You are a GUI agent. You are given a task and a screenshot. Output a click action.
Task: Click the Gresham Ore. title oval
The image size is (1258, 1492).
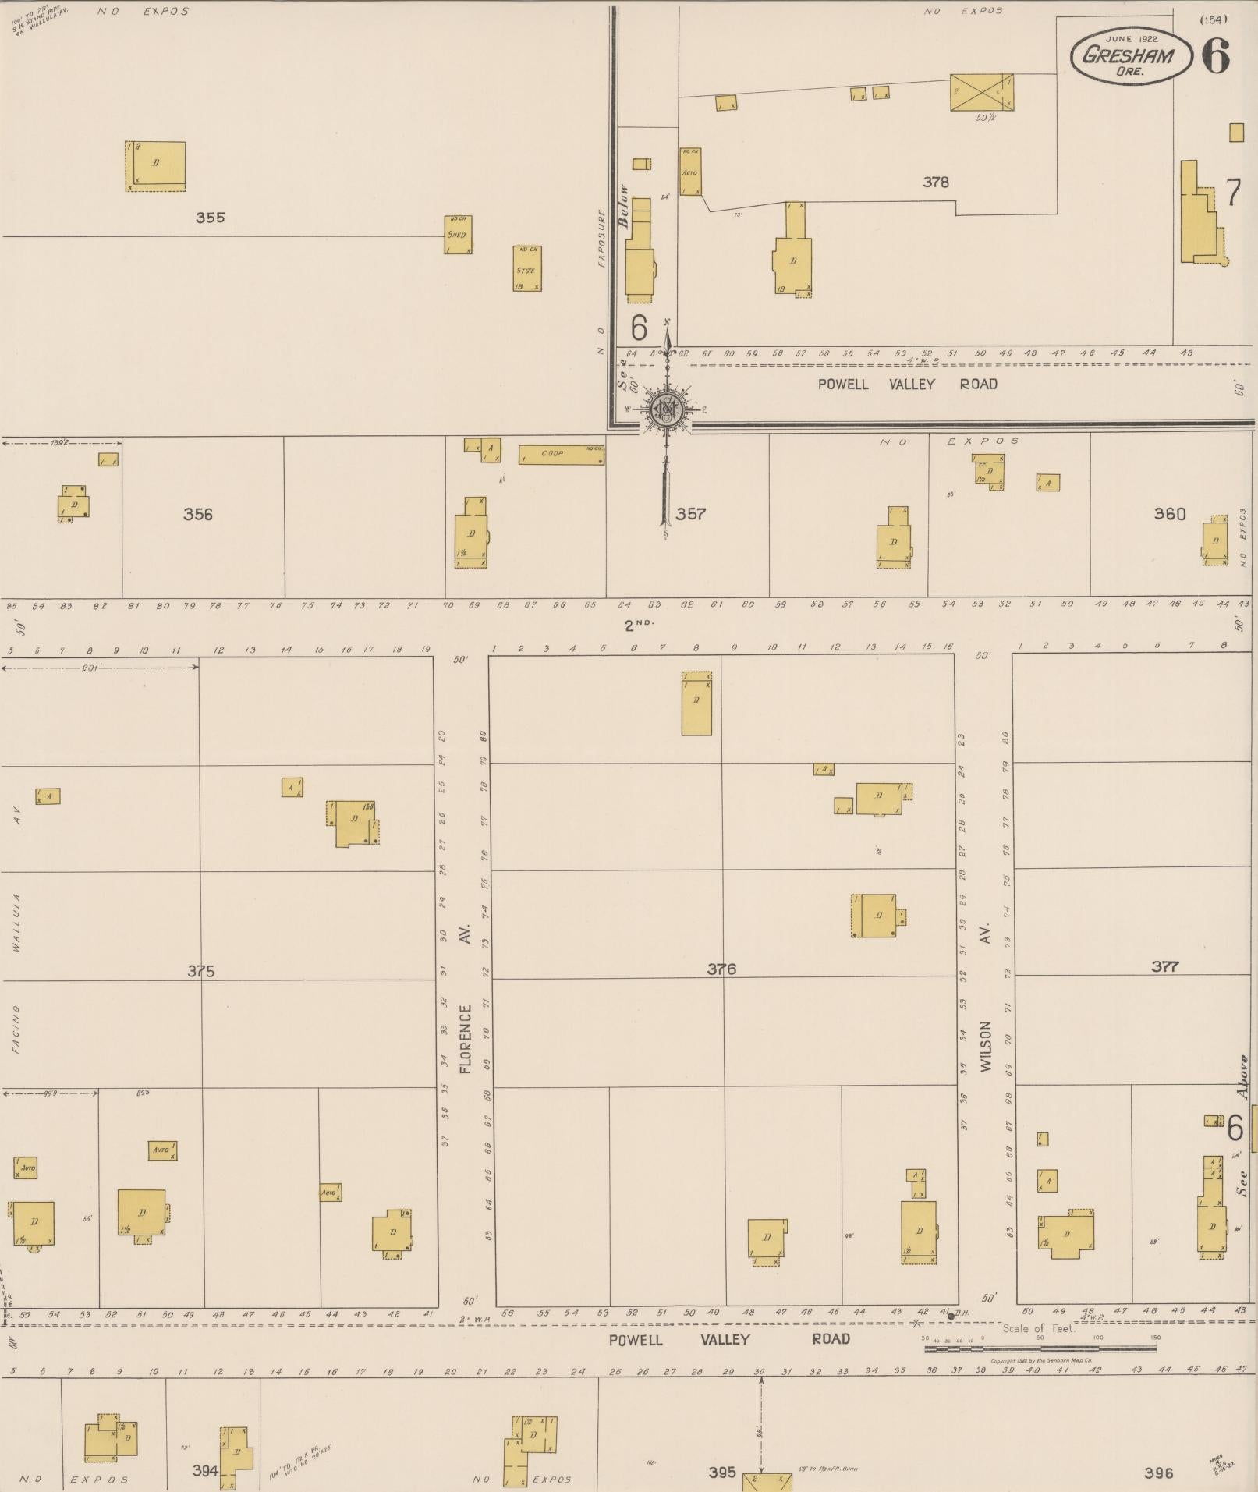click(1130, 55)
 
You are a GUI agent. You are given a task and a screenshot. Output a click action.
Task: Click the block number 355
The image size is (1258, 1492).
click(210, 218)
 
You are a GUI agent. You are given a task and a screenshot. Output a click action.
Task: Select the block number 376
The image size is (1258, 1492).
click(721, 969)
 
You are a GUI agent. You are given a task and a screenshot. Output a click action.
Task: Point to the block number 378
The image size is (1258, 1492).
click(935, 183)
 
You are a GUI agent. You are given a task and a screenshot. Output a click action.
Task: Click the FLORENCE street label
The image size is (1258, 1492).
click(466, 1039)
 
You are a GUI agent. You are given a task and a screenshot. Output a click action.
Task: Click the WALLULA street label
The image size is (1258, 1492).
click(16, 923)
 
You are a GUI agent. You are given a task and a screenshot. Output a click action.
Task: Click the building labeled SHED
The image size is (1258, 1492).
click(458, 235)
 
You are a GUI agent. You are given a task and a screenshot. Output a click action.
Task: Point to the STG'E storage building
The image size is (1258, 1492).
click(527, 269)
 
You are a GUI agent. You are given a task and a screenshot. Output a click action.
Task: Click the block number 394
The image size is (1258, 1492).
click(205, 1470)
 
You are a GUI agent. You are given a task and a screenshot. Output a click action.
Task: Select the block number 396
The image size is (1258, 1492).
click(1158, 1473)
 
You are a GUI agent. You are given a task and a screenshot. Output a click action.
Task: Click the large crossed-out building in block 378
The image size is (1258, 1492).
click(981, 92)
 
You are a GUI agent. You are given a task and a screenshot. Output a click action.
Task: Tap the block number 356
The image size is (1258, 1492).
click(197, 514)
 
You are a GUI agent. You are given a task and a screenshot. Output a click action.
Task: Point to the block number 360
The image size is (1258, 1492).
click(1169, 513)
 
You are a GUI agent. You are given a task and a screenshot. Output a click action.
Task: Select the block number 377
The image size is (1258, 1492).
click(1164, 967)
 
